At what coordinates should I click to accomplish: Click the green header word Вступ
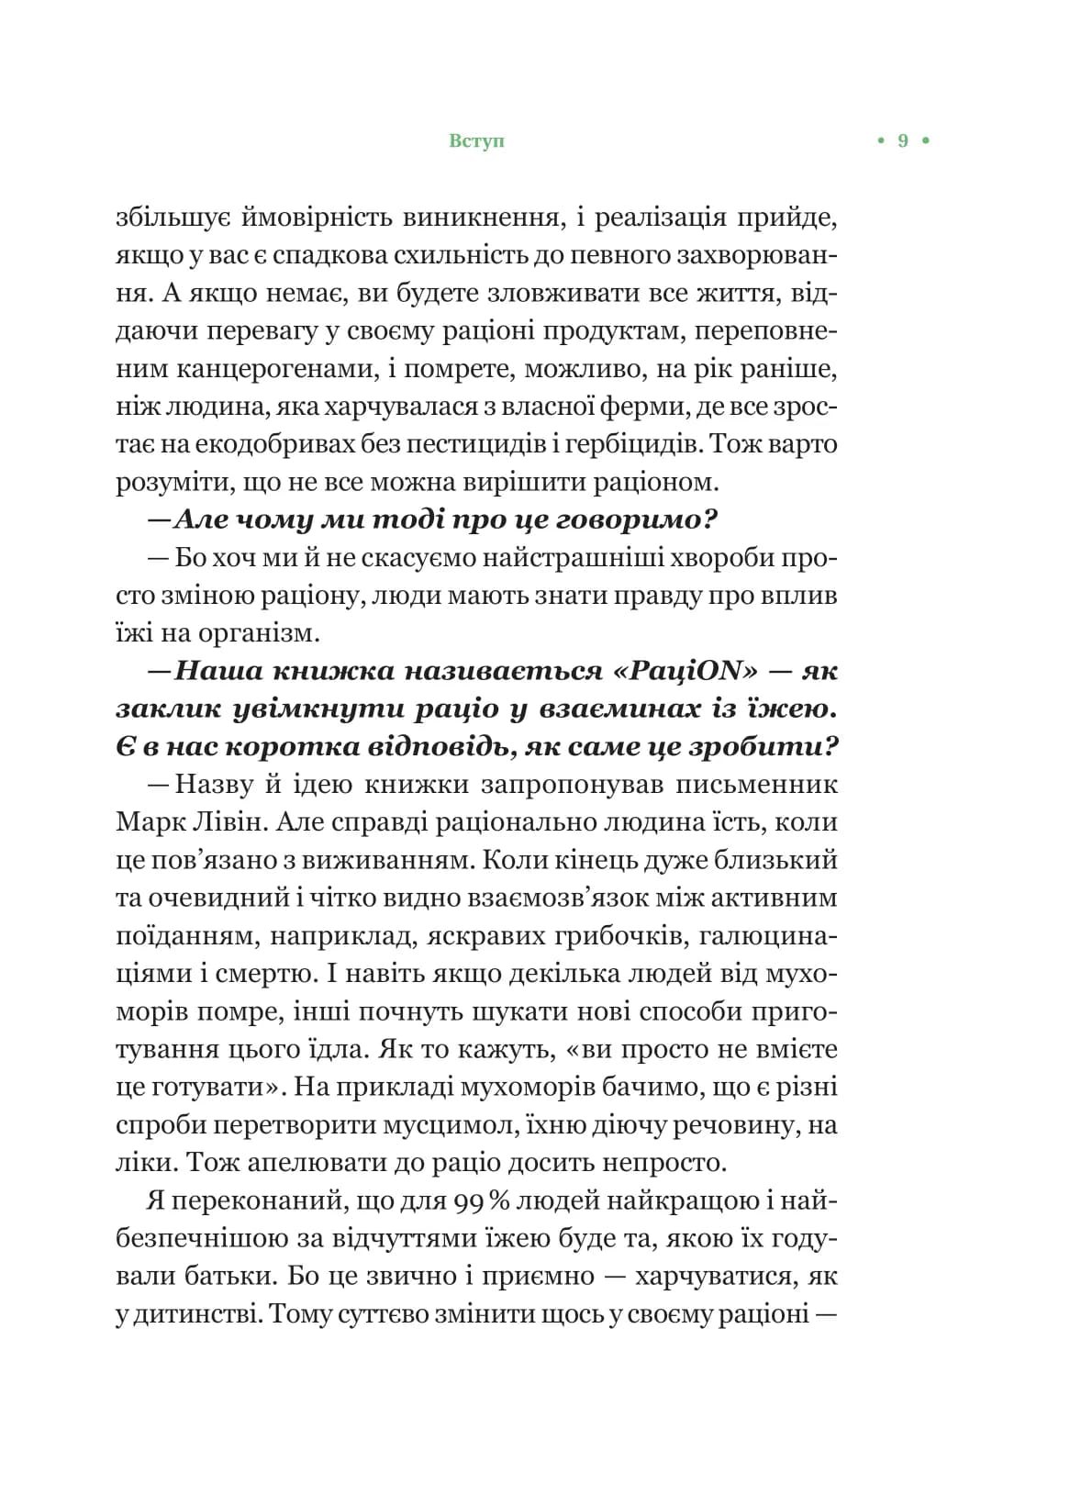pos(477,141)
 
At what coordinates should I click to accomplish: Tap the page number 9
pos(902,141)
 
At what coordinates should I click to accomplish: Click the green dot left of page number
pos(880,141)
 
